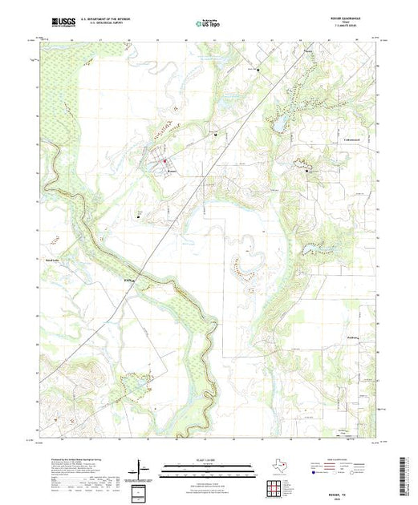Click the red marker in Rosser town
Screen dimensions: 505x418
click(x=165, y=161)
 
